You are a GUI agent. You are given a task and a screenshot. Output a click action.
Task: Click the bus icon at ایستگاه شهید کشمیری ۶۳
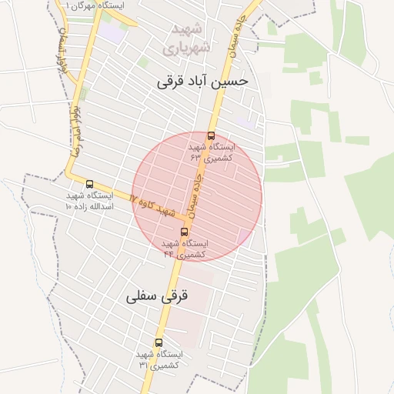click(212, 136)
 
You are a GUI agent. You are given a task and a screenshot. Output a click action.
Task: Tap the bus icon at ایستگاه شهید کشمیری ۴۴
click(184, 232)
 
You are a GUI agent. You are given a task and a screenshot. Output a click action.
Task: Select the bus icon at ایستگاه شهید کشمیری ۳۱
click(159, 342)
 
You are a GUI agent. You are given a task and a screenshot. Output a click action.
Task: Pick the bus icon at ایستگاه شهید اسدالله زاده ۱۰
click(90, 185)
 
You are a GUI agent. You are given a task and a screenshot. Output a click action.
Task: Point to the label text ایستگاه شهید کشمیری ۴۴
click(185, 248)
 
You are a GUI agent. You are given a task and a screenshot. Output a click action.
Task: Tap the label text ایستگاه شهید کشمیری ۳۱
click(159, 359)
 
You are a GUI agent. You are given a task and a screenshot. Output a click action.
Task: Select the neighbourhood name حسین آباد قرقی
click(202, 80)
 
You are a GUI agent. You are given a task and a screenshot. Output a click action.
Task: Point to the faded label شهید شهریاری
click(185, 39)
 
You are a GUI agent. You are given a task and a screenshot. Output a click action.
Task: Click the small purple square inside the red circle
click(244, 235)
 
